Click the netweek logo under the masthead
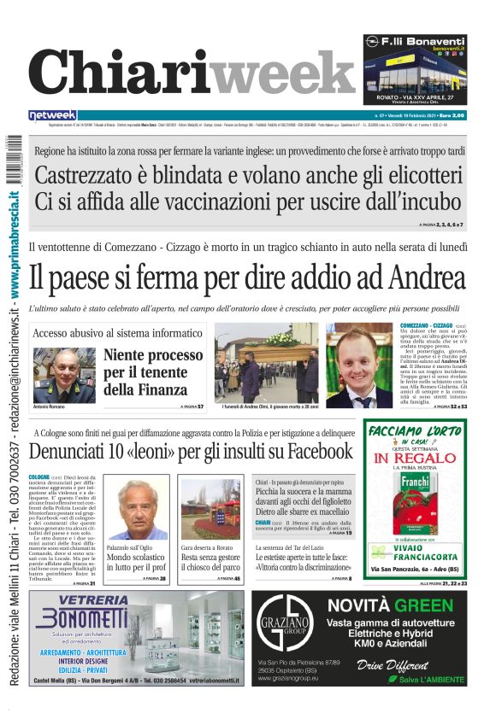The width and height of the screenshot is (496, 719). tap(52, 115)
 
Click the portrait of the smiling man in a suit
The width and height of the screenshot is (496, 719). tap(359, 363)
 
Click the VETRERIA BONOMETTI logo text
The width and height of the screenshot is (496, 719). tap(82, 609)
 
